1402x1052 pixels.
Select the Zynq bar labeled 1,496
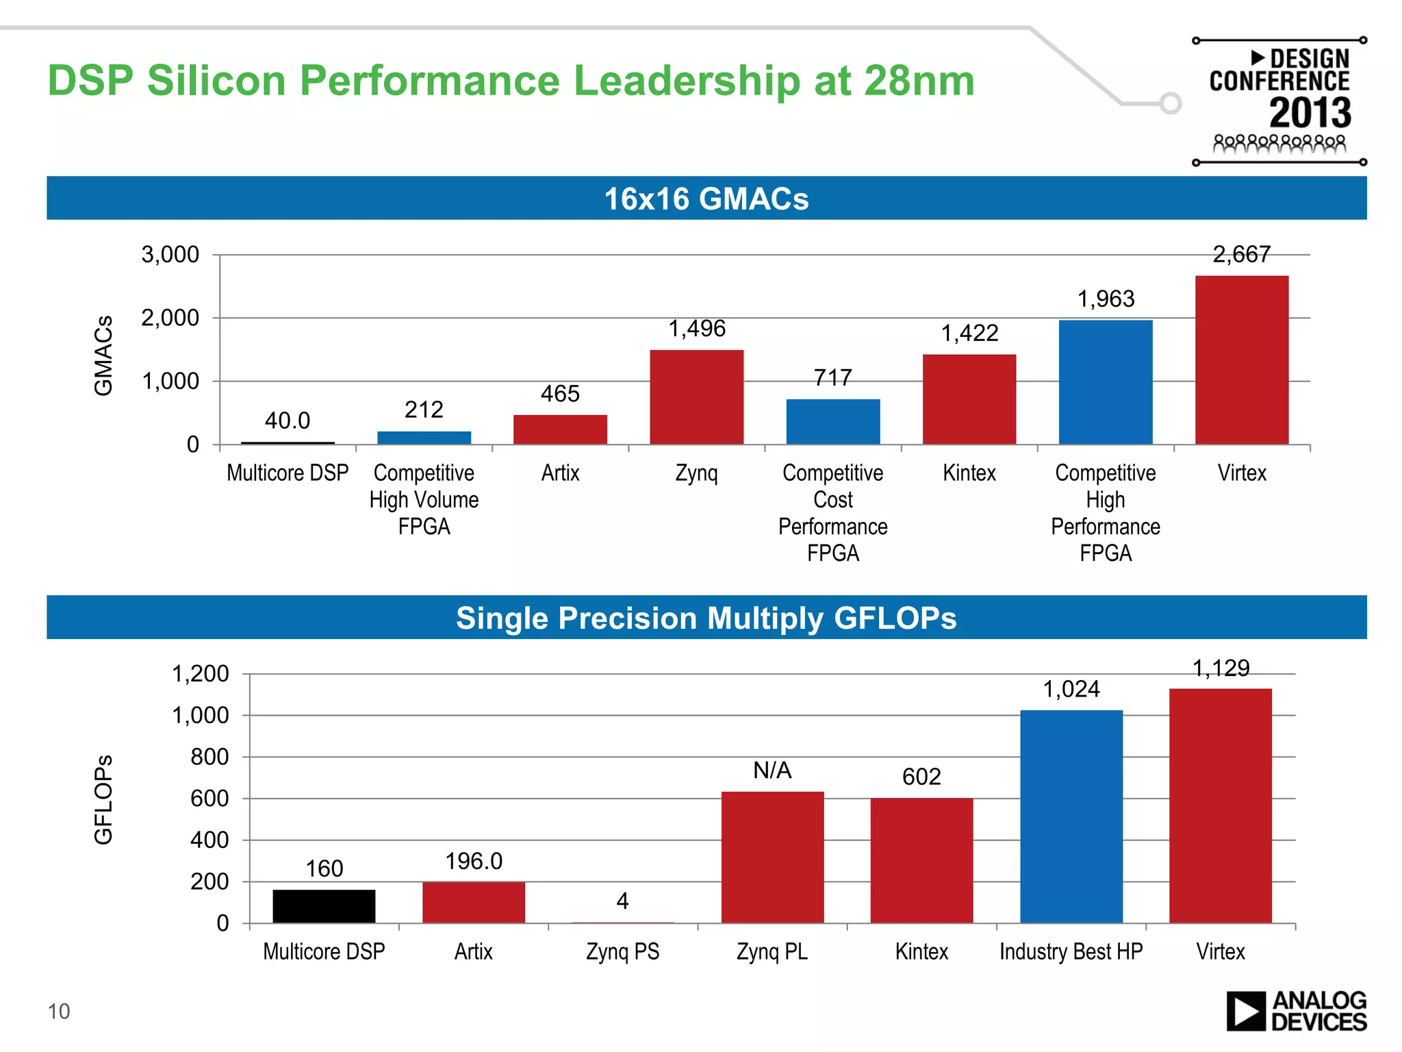[696, 397]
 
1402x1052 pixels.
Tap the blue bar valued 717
[832, 421]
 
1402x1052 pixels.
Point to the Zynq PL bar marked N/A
[772, 857]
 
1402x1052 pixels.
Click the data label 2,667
[1241, 255]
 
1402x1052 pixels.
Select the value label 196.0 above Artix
[474, 861]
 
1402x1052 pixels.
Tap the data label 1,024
[1071, 689]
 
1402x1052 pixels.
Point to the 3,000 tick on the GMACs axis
[170, 255]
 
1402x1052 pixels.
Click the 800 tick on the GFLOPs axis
[209, 757]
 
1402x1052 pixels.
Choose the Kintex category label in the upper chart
[969, 473]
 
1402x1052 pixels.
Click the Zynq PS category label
[622, 951]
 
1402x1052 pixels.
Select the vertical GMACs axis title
[103, 355]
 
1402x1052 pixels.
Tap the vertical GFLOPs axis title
[103, 799]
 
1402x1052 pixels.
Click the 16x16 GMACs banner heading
[706, 199]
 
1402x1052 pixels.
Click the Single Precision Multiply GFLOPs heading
[706, 618]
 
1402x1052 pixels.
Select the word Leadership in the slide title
[687, 81]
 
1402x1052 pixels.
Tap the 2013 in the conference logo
[1310, 113]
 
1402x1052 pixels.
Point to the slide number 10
[59, 1011]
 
